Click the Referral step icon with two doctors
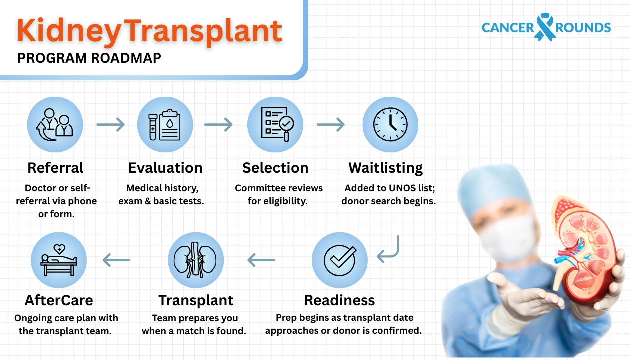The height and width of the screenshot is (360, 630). pos(55,124)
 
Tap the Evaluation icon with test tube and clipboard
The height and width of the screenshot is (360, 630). pos(165,124)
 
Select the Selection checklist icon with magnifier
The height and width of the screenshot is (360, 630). pos(275,124)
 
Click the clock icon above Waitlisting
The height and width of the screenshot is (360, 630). pos(390,124)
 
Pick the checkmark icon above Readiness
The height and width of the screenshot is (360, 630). pos(340,260)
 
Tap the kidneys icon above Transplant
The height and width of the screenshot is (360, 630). pos(196,260)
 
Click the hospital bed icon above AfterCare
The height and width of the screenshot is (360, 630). pos(59,260)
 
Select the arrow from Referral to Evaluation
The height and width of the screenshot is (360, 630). pos(110,124)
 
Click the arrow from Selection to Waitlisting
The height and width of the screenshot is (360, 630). pos(331,124)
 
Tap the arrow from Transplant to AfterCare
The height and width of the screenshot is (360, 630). pos(116,260)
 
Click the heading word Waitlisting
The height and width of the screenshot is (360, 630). pos(385,168)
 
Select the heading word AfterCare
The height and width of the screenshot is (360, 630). pos(59,300)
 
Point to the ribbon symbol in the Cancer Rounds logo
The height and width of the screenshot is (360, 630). pos(545,27)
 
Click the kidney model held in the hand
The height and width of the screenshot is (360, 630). pos(590,250)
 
